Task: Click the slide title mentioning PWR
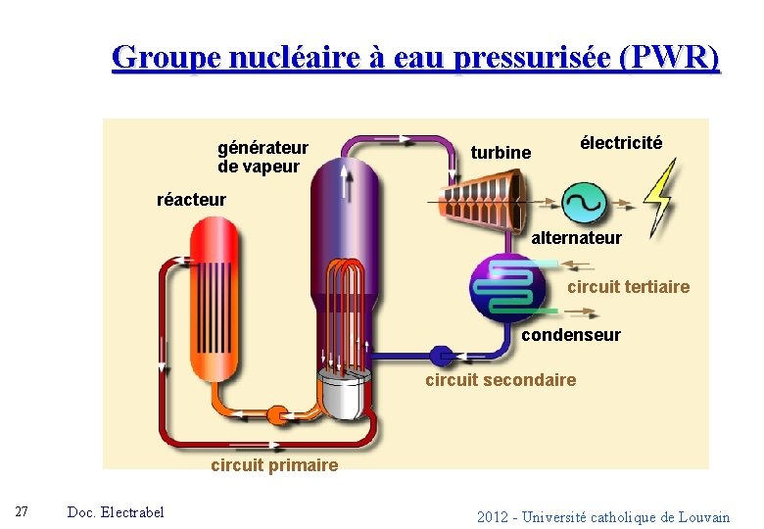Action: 416,58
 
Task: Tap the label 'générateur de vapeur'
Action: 263,157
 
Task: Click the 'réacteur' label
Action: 191,200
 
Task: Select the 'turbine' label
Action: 501,153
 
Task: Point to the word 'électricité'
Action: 621,143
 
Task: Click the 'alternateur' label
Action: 576,238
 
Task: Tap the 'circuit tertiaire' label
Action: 628,287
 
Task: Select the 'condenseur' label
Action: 571,335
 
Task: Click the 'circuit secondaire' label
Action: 501,380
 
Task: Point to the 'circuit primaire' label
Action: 274,465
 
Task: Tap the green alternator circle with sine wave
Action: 585,203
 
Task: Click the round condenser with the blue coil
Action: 507,288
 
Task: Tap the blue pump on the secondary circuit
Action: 442,355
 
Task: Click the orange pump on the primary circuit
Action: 277,414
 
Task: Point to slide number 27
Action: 22,512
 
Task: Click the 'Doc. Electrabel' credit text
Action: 116,512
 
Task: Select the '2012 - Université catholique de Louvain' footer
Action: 603,517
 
